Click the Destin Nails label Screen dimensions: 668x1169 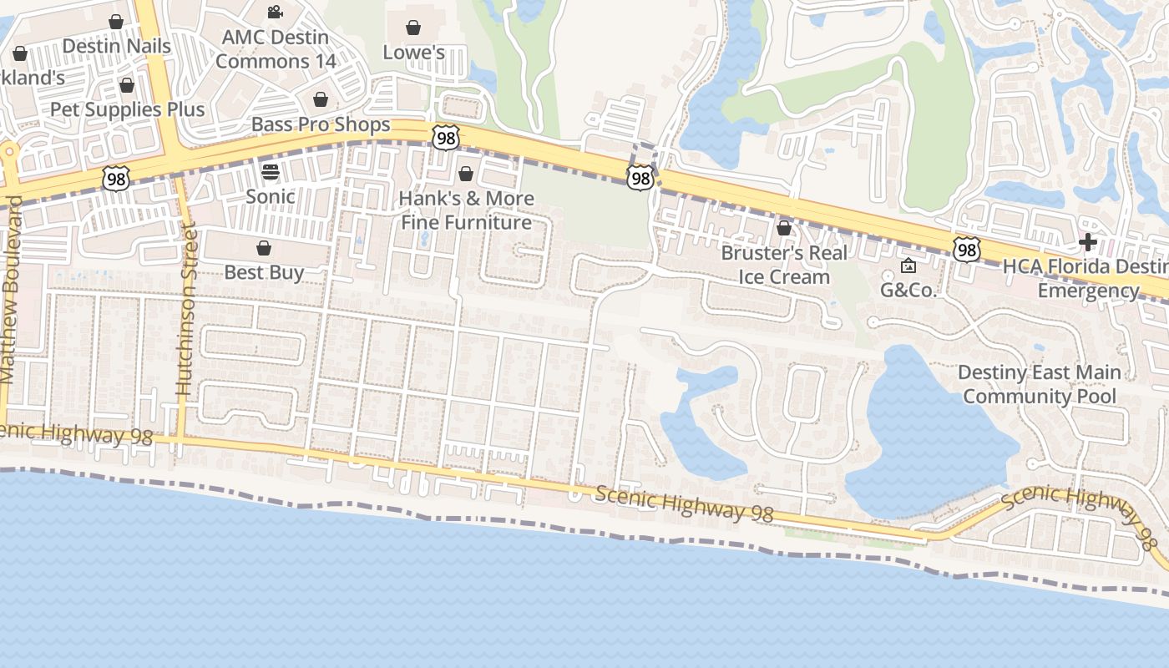click(116, 46)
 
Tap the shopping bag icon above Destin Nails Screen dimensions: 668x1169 click(116, 22)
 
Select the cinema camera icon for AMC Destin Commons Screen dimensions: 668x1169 click(275, 12)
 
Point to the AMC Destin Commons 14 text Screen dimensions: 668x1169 click(276, 49)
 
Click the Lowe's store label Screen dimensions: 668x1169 click(413, 53)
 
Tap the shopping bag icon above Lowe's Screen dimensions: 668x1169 click(412, 28)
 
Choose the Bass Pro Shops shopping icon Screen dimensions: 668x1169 click(321, 100)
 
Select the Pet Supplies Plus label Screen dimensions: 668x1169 click(127, 109)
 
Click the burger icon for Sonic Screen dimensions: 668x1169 click(271, 172)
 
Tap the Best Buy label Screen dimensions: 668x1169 click(264, 272)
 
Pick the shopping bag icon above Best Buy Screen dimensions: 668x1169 click(264, 248)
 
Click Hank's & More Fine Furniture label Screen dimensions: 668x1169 click(466, 210)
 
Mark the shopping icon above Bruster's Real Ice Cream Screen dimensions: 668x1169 click(784, 228)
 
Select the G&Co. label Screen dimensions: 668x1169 click(908, 291)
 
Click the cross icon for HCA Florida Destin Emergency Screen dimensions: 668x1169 click(1087, 242)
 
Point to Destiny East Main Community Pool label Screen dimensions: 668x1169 click(1039, 384)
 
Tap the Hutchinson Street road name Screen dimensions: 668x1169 click(185, 309)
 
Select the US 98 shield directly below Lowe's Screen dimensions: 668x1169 click(446, 138)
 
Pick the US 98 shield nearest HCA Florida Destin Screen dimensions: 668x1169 click(966, 249)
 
